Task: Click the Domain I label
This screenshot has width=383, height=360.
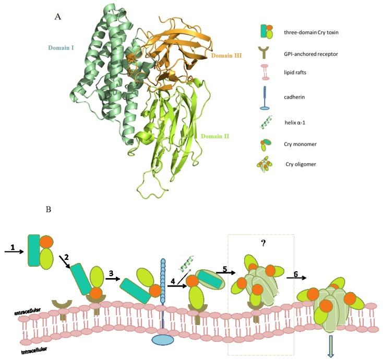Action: click(61, 47)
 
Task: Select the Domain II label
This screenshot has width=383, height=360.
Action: click(214, 136)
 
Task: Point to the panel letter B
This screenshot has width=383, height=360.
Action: click(49, 209)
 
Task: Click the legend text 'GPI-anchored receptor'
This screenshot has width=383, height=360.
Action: click(309, 53)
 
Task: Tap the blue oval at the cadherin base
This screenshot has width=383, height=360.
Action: click(163, 340)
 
